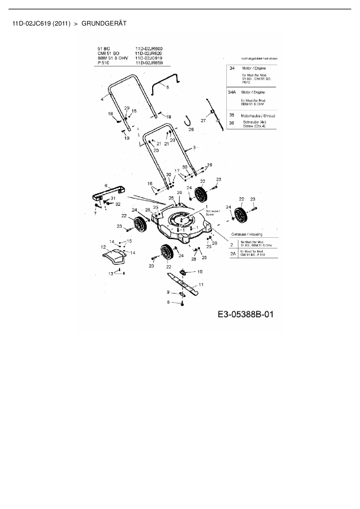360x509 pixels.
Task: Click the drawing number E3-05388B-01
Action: [x=245, y=314]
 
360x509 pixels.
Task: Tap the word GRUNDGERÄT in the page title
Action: [x=104, y=24]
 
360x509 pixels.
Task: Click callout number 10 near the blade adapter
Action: [x=200, y=272]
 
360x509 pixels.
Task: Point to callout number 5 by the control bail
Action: [x=168, y=87]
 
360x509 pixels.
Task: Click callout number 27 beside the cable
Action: [x=203, y=120]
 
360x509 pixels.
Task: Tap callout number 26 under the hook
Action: [x=191, y=129]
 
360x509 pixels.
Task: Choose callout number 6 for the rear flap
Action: [x=106, y=185]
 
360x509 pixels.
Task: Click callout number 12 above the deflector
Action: [x=103, y=247]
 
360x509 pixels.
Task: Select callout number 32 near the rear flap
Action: [x=118, y=204]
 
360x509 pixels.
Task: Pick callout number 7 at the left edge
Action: [x=95, y=213]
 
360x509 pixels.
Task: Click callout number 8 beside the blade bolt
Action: [x=168, y=302]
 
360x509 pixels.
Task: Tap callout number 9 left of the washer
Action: [x=168, y=292]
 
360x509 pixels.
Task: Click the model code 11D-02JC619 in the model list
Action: [x=149, y=58]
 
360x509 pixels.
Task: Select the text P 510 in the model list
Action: [x=103, y=63]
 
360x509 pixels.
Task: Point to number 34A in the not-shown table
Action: [x=232, y=92]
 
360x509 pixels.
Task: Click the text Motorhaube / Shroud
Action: [x=258, y=116]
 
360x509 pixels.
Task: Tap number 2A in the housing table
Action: [x=233, y=254]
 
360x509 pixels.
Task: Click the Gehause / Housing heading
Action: [x=246, y=234]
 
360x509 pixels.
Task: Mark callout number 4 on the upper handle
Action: [x=102, y=99]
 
